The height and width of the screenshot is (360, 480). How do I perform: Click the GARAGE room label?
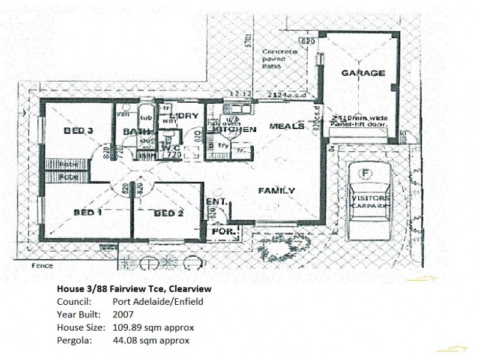tap(363, 73)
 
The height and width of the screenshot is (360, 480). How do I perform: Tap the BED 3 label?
tap(79, 131)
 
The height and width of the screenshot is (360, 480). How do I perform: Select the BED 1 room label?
tap(88, 212)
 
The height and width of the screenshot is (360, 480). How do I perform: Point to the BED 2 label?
tap(168, 213)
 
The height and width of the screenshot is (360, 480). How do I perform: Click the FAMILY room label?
tap(276, 191)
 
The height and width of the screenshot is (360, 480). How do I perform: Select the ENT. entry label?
tap(216, 202)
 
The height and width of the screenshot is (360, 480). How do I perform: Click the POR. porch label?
tap(224, 230)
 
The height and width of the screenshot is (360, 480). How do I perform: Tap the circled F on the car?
tap(364, 175)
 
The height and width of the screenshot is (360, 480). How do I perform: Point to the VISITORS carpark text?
tap(370, 198)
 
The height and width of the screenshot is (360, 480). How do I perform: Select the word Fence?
tap(43, 266)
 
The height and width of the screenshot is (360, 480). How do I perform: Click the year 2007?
tap(122, 314)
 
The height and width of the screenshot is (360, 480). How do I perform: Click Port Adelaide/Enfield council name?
tap(158, 302)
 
